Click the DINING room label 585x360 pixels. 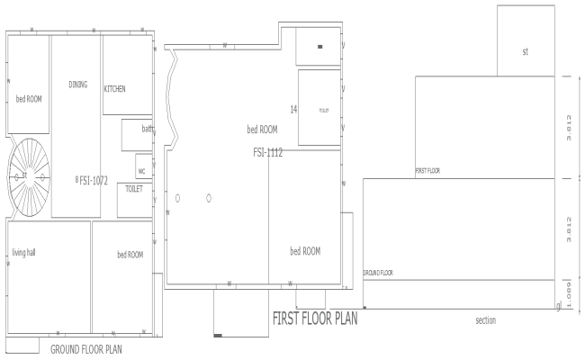(x=78, y=85)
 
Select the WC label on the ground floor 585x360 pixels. (x=141, y=169)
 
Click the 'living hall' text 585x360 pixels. (x=23, y=252)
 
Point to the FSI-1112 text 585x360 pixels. (x=268, y=153)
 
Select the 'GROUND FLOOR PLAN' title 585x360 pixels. (x=86, y=348)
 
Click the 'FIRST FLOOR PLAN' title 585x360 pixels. (x=315, y=319)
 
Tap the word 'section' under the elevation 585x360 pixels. (x=486, y=319)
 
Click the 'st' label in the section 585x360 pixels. (x=525, y=51)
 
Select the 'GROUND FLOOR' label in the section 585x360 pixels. (x=378, y=272)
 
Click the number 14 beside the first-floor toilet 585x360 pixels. (x=293, y=109)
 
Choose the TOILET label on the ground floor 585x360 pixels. (x=133, y=189)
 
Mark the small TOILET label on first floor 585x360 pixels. (x=324, y=110)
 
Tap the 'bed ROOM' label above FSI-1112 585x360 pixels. (x=263, y=130)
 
